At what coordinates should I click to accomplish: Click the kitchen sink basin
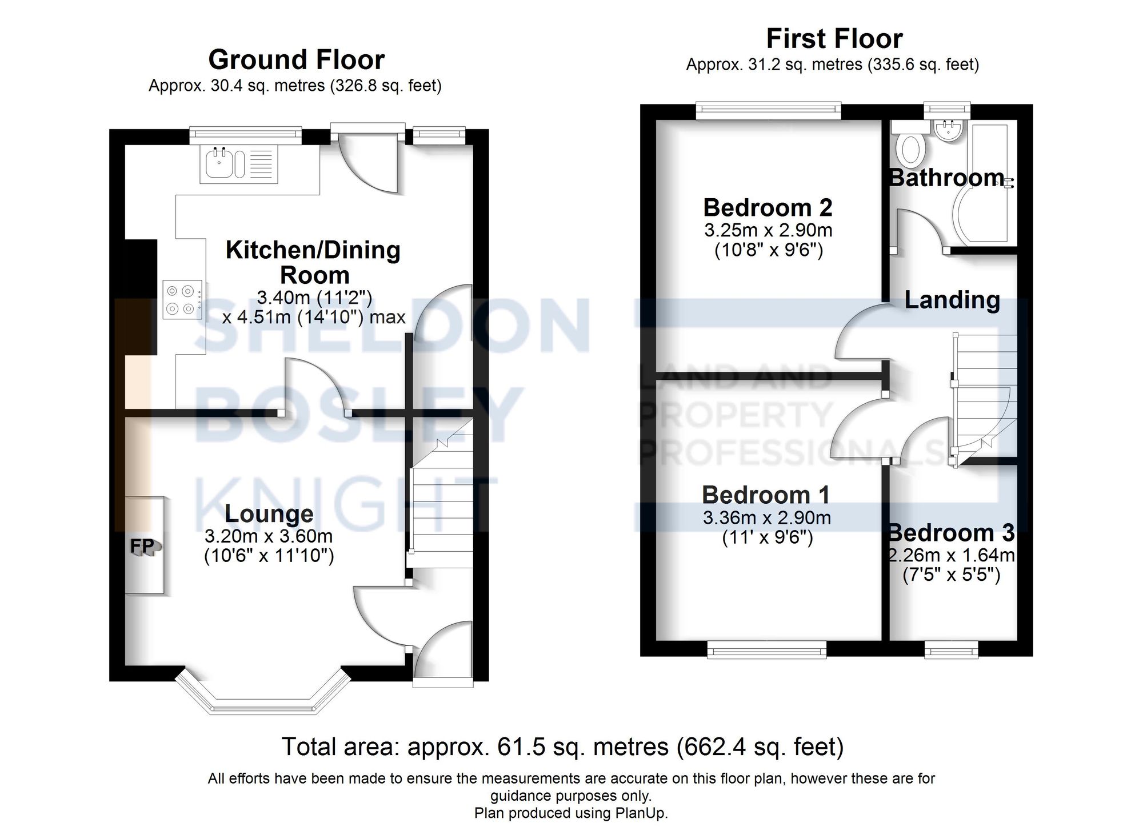218,164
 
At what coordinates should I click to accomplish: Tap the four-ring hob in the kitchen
182,300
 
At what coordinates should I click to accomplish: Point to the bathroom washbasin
949,132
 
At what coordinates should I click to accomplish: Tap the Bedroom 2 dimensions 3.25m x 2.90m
768,231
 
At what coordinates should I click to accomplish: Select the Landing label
952,300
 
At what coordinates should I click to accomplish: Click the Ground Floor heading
296,59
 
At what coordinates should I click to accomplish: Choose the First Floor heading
834,39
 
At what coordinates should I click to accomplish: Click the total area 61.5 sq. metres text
562,746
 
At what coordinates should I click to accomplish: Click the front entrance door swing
443,651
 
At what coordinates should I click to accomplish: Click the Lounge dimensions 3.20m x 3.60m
269,536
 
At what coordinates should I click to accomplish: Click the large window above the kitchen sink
245,135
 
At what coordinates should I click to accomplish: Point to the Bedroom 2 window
768,110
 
